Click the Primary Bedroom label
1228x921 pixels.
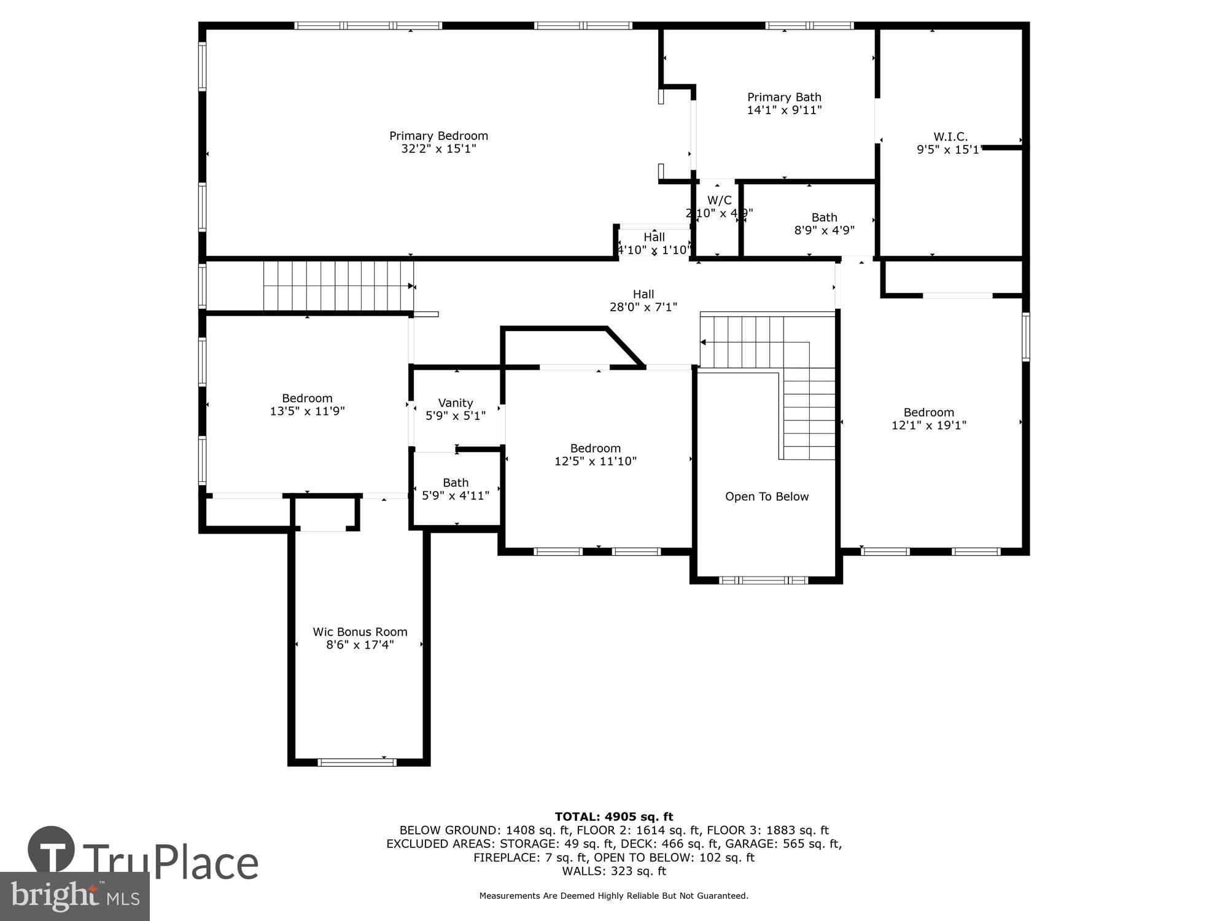[x=438, y=136]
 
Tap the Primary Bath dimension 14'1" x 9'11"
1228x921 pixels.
[x=784, y=111]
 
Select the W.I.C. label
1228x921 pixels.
[x=950, y=136]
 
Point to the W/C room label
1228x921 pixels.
[x=719, y=200]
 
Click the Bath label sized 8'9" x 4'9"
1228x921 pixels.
[x=824, y=217]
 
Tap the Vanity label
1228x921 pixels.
[x=455, y=403]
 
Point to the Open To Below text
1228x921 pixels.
[x=766, y=497]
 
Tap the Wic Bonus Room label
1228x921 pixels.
[x=360, y=632]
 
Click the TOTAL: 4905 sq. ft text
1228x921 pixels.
[x=613, y=817]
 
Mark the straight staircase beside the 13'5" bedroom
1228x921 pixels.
[x=338, y=286]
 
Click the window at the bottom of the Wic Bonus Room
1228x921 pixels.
[x=357, y=763]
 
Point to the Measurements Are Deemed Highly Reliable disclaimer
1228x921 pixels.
[x=613, y=896]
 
